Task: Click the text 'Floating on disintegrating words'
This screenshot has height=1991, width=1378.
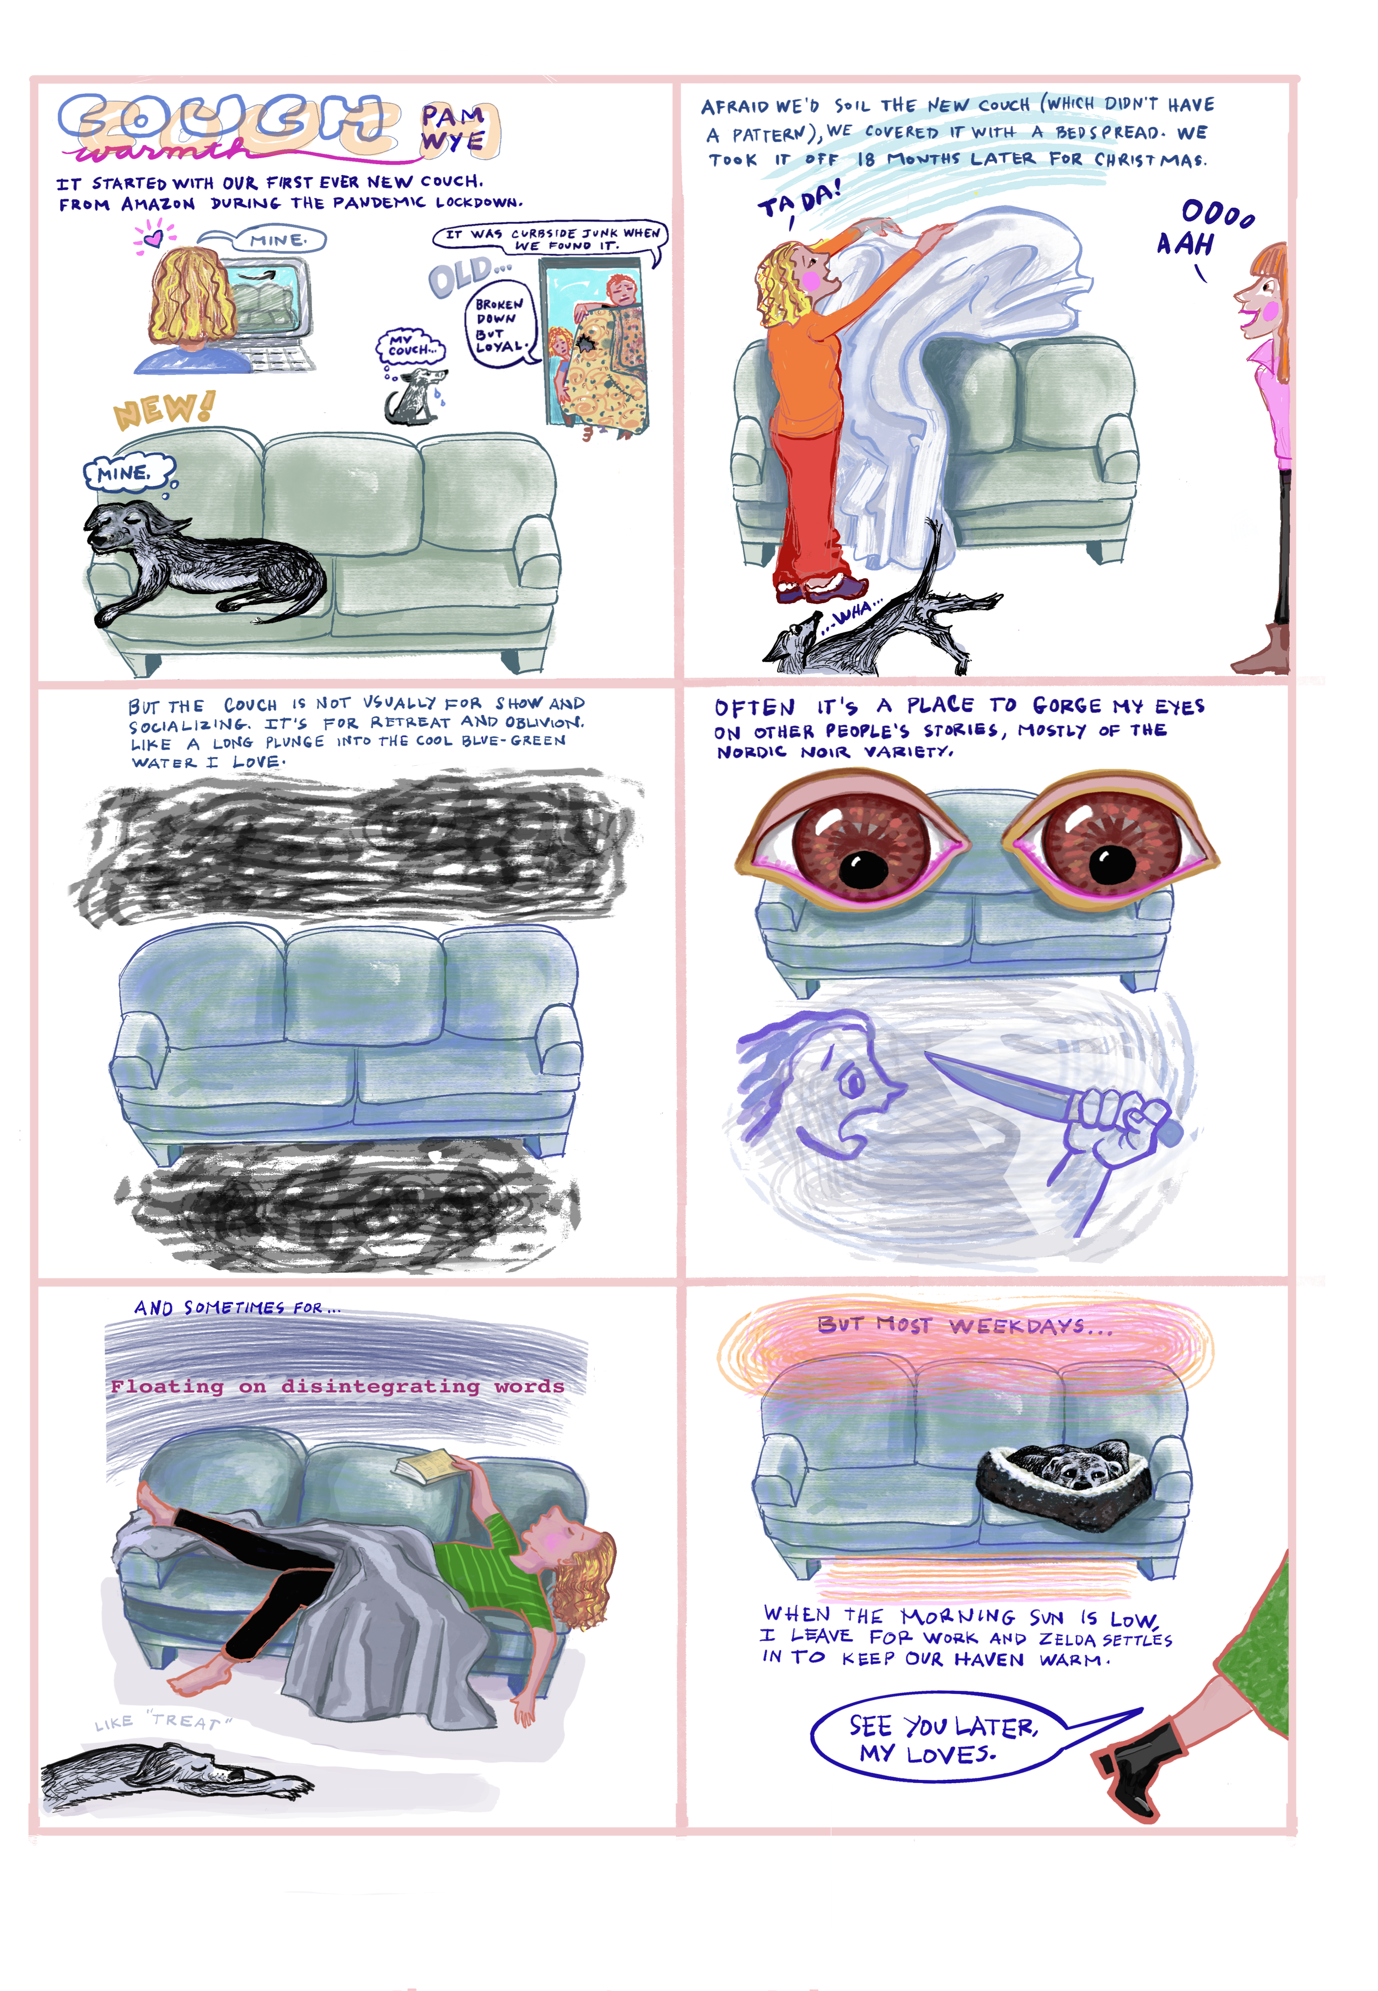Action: (337, 1386)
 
